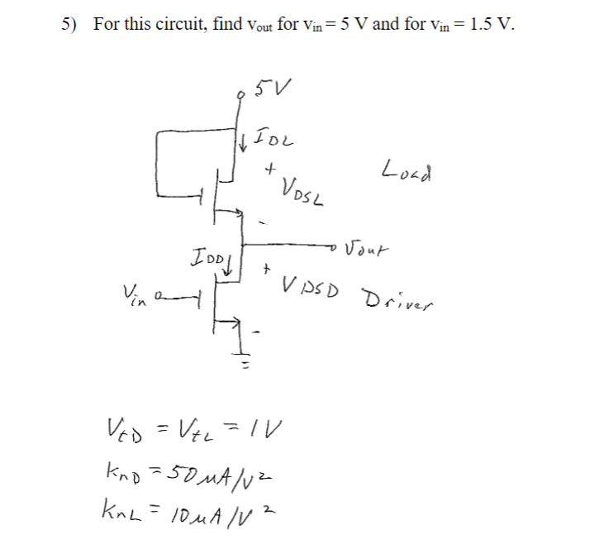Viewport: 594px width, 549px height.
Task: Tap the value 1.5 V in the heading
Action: pyautogui.click(x=489, y=23)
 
